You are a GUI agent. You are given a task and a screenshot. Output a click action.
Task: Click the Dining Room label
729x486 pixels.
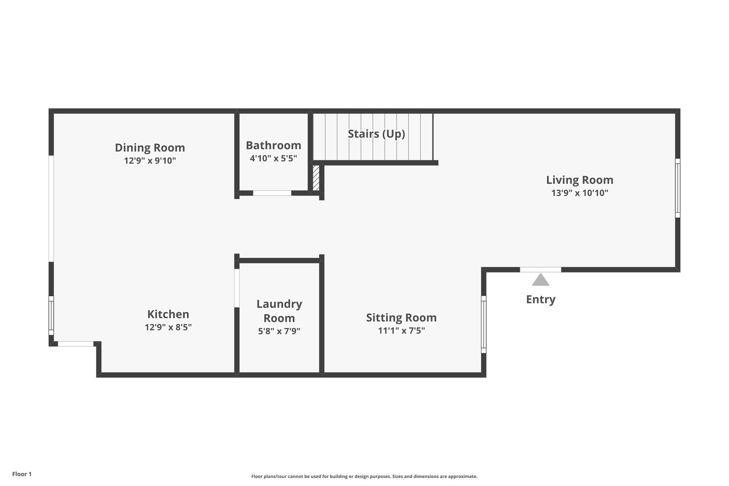150,147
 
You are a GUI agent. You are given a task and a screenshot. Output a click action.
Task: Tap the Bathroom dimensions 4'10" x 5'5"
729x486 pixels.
273,158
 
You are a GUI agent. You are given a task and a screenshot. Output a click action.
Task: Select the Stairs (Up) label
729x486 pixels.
376,134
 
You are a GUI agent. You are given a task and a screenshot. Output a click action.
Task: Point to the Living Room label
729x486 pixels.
580,180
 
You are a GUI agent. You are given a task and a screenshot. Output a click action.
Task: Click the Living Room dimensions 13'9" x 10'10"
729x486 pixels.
580,193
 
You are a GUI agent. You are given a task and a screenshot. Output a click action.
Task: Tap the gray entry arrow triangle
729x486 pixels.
541,279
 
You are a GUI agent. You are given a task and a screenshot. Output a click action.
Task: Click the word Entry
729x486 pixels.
541,299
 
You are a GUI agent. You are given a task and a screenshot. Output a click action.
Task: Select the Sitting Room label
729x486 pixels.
402,318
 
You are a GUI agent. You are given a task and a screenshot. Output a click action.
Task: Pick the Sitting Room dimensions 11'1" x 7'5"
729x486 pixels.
402,331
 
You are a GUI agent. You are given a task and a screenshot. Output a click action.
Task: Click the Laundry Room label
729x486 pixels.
279,311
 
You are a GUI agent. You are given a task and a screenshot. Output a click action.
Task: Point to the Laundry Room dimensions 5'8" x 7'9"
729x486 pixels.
279,331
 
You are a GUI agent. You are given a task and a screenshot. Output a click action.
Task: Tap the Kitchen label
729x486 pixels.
168,314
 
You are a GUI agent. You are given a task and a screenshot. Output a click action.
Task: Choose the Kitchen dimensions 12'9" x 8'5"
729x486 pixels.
168,327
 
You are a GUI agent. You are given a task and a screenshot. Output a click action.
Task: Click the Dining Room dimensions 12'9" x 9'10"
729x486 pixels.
150,161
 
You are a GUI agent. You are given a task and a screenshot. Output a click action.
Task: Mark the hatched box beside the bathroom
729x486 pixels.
316,178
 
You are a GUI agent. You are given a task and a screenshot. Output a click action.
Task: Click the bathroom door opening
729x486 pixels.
272,193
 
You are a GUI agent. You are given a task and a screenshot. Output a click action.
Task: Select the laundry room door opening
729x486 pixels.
237,288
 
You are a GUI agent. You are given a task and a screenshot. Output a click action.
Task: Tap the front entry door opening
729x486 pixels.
541,270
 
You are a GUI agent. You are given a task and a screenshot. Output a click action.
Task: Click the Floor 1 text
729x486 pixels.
22,474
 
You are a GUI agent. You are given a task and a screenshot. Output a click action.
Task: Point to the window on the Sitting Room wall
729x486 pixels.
484,324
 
